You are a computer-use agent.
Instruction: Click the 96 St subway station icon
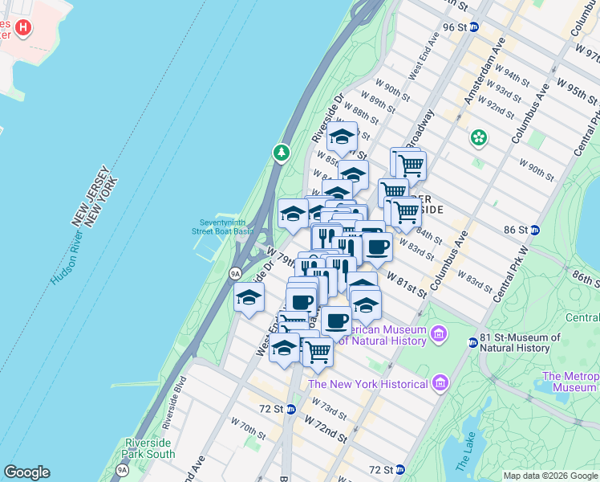click(474, 27)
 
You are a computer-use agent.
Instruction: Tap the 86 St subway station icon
click(535, 230)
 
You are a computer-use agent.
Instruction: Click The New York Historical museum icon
click(439, 384)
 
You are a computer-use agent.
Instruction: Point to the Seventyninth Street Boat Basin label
click(222, 226)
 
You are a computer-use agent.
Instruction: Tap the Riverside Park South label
click(150, 448)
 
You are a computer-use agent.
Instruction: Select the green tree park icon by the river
click(281, 152)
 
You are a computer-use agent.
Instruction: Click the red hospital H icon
click(23, 29)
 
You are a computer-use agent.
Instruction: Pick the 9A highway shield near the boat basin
click(235, 273)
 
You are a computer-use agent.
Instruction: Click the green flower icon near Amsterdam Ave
click(479, 138)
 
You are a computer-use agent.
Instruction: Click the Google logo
click(26, 472)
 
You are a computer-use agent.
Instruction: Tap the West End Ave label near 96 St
click(424, 55)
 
